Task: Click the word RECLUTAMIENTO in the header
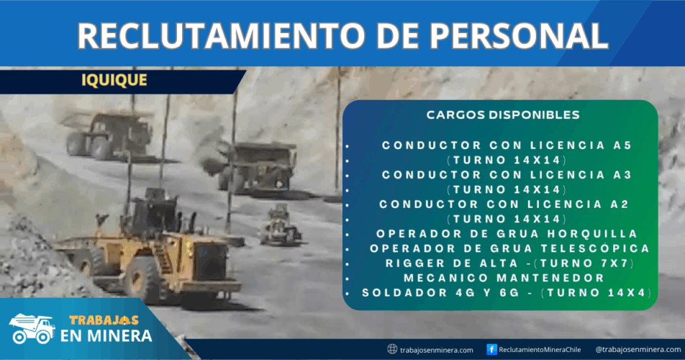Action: click(x=222, y=35)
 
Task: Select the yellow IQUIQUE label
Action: click(x=114, y=80)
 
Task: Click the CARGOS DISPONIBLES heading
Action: click(x=503, y=115)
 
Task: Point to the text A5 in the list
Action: click(x=622, y=145)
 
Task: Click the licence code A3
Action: click(x=622, y=175)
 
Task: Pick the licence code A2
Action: click(x=620, y=204)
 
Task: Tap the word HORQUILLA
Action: click(x=592, y=234)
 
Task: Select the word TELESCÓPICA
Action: click(x=595, y=248)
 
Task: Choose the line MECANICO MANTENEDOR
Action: click(x=504, y=278)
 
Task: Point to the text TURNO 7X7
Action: click(x=586, y=263)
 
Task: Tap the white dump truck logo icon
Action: click(x=32, y=328)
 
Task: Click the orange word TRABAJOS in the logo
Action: click(x=104, y=320)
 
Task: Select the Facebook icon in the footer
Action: click(x=491, y=349)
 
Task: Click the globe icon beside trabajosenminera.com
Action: click(x=392, y=349)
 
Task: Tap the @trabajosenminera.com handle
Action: click(x=638, y=349)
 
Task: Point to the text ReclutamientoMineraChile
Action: click(x=540, y=349)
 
